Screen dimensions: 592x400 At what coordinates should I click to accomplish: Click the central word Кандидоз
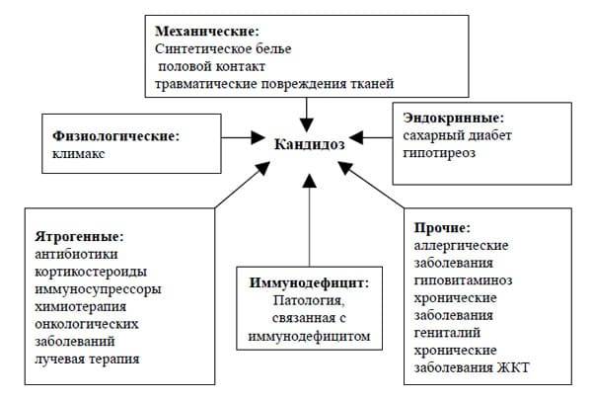pos(309,144)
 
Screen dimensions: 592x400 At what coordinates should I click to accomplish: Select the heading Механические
pos(207,31)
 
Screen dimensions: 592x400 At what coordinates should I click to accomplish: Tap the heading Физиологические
pos(115,135)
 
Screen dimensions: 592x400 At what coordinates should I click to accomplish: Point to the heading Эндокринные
pos(454,118)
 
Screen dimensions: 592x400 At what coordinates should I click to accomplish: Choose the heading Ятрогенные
pos(79,237)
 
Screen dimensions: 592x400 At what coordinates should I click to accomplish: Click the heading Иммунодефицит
pos(309,282)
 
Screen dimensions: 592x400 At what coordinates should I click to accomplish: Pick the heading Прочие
pos(442,227)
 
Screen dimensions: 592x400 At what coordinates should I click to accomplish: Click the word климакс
pos(78,154)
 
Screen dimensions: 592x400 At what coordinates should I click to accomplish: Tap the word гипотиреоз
pos(439,153)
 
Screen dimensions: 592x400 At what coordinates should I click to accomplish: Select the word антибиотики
pos(76,254)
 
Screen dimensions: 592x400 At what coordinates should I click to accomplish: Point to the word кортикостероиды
pos(91,272)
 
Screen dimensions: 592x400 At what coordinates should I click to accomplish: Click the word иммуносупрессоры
pos(98,289)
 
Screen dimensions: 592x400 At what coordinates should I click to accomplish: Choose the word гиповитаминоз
pos(463,280)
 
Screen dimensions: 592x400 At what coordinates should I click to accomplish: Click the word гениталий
pos(447,333)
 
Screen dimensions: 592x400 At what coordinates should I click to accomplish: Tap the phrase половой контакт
pos(211,66)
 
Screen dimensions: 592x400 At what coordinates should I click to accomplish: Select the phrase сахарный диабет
pos(457,135)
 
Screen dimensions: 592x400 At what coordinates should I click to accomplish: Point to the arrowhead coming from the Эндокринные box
pos(356,137)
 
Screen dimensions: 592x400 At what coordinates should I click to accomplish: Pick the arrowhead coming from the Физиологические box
pos(259,137)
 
